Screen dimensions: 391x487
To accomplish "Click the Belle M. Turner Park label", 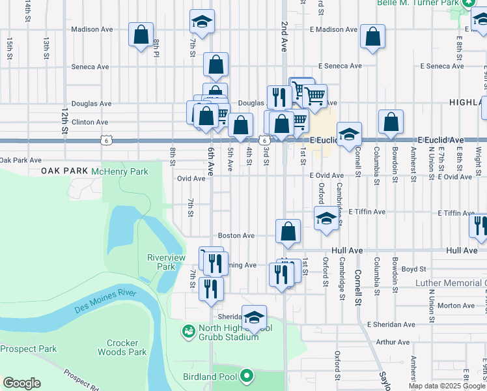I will click(x=417, y=3).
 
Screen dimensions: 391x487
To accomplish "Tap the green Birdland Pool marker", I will click(x=246, y=375).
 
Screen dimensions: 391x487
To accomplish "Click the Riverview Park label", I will click(x=161, y=262).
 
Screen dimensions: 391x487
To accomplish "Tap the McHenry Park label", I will click(x=120, y=171).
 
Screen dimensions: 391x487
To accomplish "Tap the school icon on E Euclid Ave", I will click(x=349, y=134).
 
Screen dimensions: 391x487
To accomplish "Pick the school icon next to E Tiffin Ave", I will click(x=326, y=218).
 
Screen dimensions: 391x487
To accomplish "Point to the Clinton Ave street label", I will click(x=89, y=122).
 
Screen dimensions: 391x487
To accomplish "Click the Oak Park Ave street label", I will click(x=20, y=160).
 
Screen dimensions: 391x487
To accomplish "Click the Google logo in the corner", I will click(x=21, y=383).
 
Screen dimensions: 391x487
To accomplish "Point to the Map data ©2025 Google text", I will click(x=446, y=386).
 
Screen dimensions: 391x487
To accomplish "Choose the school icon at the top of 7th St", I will click(x=202, y=22).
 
